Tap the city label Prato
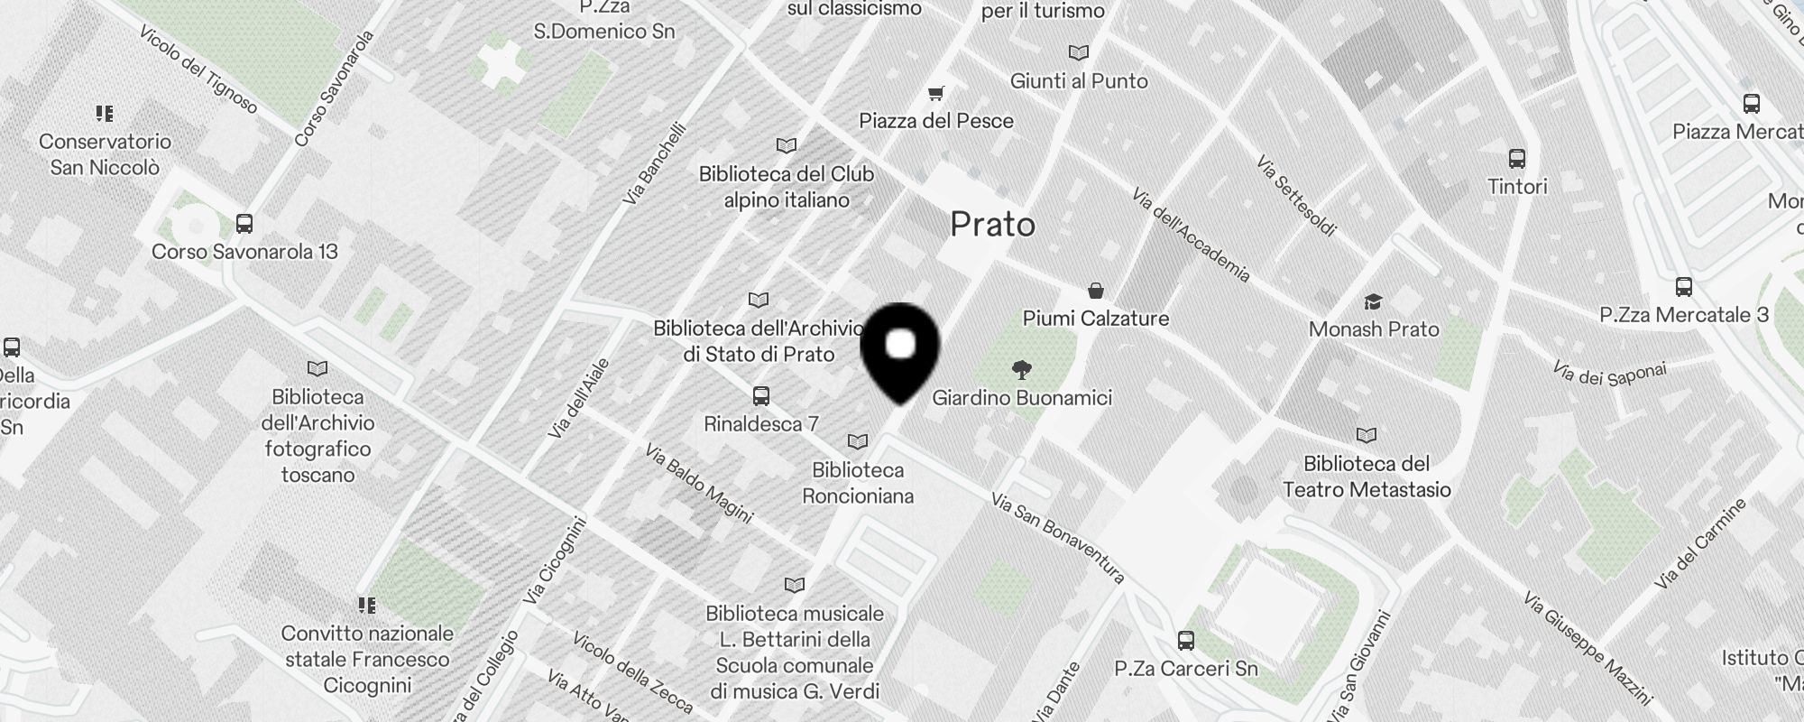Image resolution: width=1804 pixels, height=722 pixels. click(x=992, y=225)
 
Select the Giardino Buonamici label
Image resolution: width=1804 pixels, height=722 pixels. click(x=1021, y=398)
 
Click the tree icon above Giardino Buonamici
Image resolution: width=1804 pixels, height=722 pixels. click(x=1021, y=369)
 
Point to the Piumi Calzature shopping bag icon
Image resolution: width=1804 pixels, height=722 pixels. click(x=1095, y=291)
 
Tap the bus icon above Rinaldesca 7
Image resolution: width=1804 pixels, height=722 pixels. click(x=760, y=395)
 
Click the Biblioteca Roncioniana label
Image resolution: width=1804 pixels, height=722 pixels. click(x=857, y=483)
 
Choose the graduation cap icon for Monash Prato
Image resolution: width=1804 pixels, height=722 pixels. click(x=1373, y=301)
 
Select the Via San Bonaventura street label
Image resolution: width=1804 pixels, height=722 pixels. click(x=1057, y=537)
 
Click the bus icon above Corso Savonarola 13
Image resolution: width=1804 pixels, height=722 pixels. click(x=244, y=223)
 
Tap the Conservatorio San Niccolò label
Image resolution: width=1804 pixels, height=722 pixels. click(x=105, y=154)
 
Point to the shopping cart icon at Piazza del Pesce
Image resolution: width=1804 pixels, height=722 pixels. click(x=936, y=93)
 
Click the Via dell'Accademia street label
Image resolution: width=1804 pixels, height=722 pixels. click(x=1191, y=235)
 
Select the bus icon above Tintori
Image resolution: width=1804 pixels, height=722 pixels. click(x=1516, y=159)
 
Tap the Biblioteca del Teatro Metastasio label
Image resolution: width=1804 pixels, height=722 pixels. click(x=1366, y=477)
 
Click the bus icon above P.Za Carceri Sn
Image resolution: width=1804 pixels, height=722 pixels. click(x=1185, y=641)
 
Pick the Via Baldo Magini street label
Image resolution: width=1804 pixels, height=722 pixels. click(x=699, y=483)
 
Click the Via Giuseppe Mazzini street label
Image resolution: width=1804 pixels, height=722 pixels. click(x=1588, y=648)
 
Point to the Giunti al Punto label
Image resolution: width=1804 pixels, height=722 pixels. click(x=1079, y=81)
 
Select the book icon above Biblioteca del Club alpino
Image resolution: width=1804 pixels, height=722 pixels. click(x=786, y=145)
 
